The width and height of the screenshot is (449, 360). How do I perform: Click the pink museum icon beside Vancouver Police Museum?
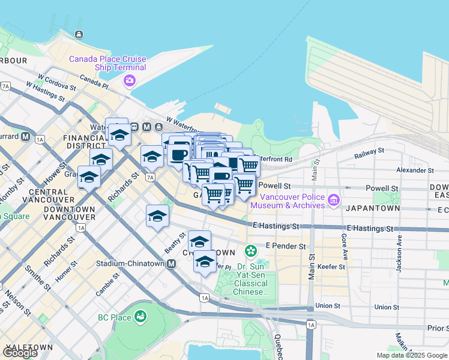pos(334,199)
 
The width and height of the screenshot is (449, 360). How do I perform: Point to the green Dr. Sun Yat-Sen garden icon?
pos(252,248)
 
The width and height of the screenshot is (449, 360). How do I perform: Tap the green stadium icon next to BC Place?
pos(140,315)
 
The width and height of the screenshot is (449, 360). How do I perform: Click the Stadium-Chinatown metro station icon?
pos(172,263)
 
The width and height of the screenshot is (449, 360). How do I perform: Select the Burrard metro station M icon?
pos(25,136)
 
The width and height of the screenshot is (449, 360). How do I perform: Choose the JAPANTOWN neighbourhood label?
pos(372,208)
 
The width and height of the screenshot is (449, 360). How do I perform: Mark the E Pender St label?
pos(286,246)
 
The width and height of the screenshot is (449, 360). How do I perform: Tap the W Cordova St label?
pos(56,82)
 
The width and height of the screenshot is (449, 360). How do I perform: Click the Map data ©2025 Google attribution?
pos(412,355)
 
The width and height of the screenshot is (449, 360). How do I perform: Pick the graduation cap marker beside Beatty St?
pos(157,216)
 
